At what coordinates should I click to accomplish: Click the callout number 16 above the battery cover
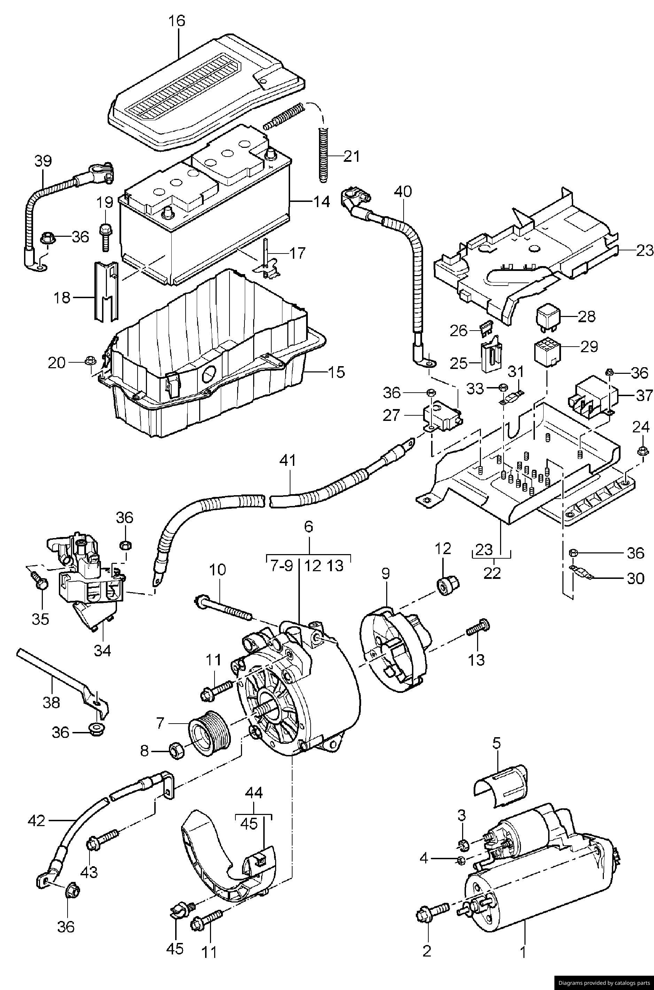click(177, 21)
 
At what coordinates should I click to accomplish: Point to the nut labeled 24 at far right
click(643, 451)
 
